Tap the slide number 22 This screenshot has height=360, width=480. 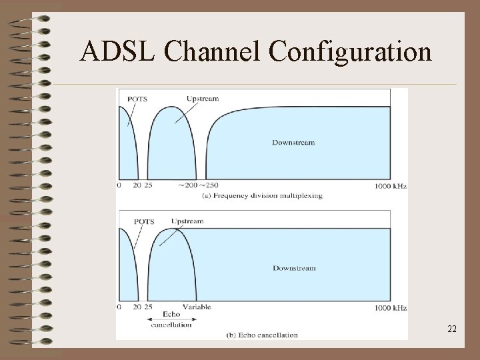click(x=451, y=329)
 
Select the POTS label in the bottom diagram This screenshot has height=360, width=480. click(x=144, y=221)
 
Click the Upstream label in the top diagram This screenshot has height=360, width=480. click(x=203, y=99)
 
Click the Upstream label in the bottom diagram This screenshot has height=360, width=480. click(x=187, y=221)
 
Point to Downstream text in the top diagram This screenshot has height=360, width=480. click(x=293, y=143)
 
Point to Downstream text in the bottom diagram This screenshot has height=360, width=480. click(x=293, y=268)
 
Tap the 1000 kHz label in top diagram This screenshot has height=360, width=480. click(x=391, y=185)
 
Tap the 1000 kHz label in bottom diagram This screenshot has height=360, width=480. click(x=391, y=307)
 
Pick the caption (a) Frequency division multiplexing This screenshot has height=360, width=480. click(x=261, y=195)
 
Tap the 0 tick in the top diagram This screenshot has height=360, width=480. click(x=119, y=185)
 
